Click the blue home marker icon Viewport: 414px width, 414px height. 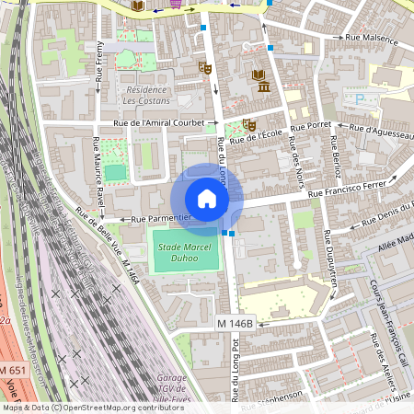point(207,199)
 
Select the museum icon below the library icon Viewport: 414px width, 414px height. point(264,87)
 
